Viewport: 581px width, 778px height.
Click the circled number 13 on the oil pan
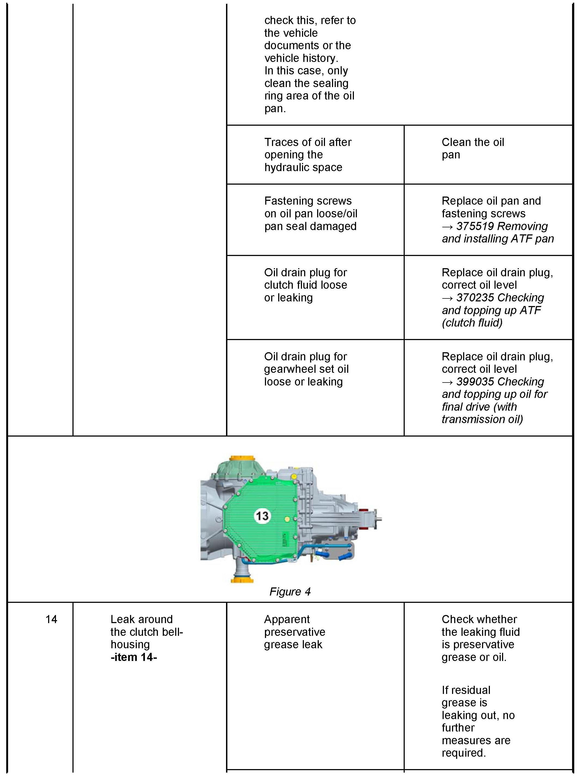[262, 516]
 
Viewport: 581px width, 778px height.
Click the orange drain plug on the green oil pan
[287, 519]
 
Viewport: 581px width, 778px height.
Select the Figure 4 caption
[290, 592]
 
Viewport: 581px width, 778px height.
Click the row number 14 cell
[51, 619]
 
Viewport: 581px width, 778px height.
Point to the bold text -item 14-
[134, 657]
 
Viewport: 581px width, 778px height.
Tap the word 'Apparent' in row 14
[287, 619]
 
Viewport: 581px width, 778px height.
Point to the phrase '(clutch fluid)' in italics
[472, 323]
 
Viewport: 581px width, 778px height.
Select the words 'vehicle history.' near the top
[301, 58]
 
